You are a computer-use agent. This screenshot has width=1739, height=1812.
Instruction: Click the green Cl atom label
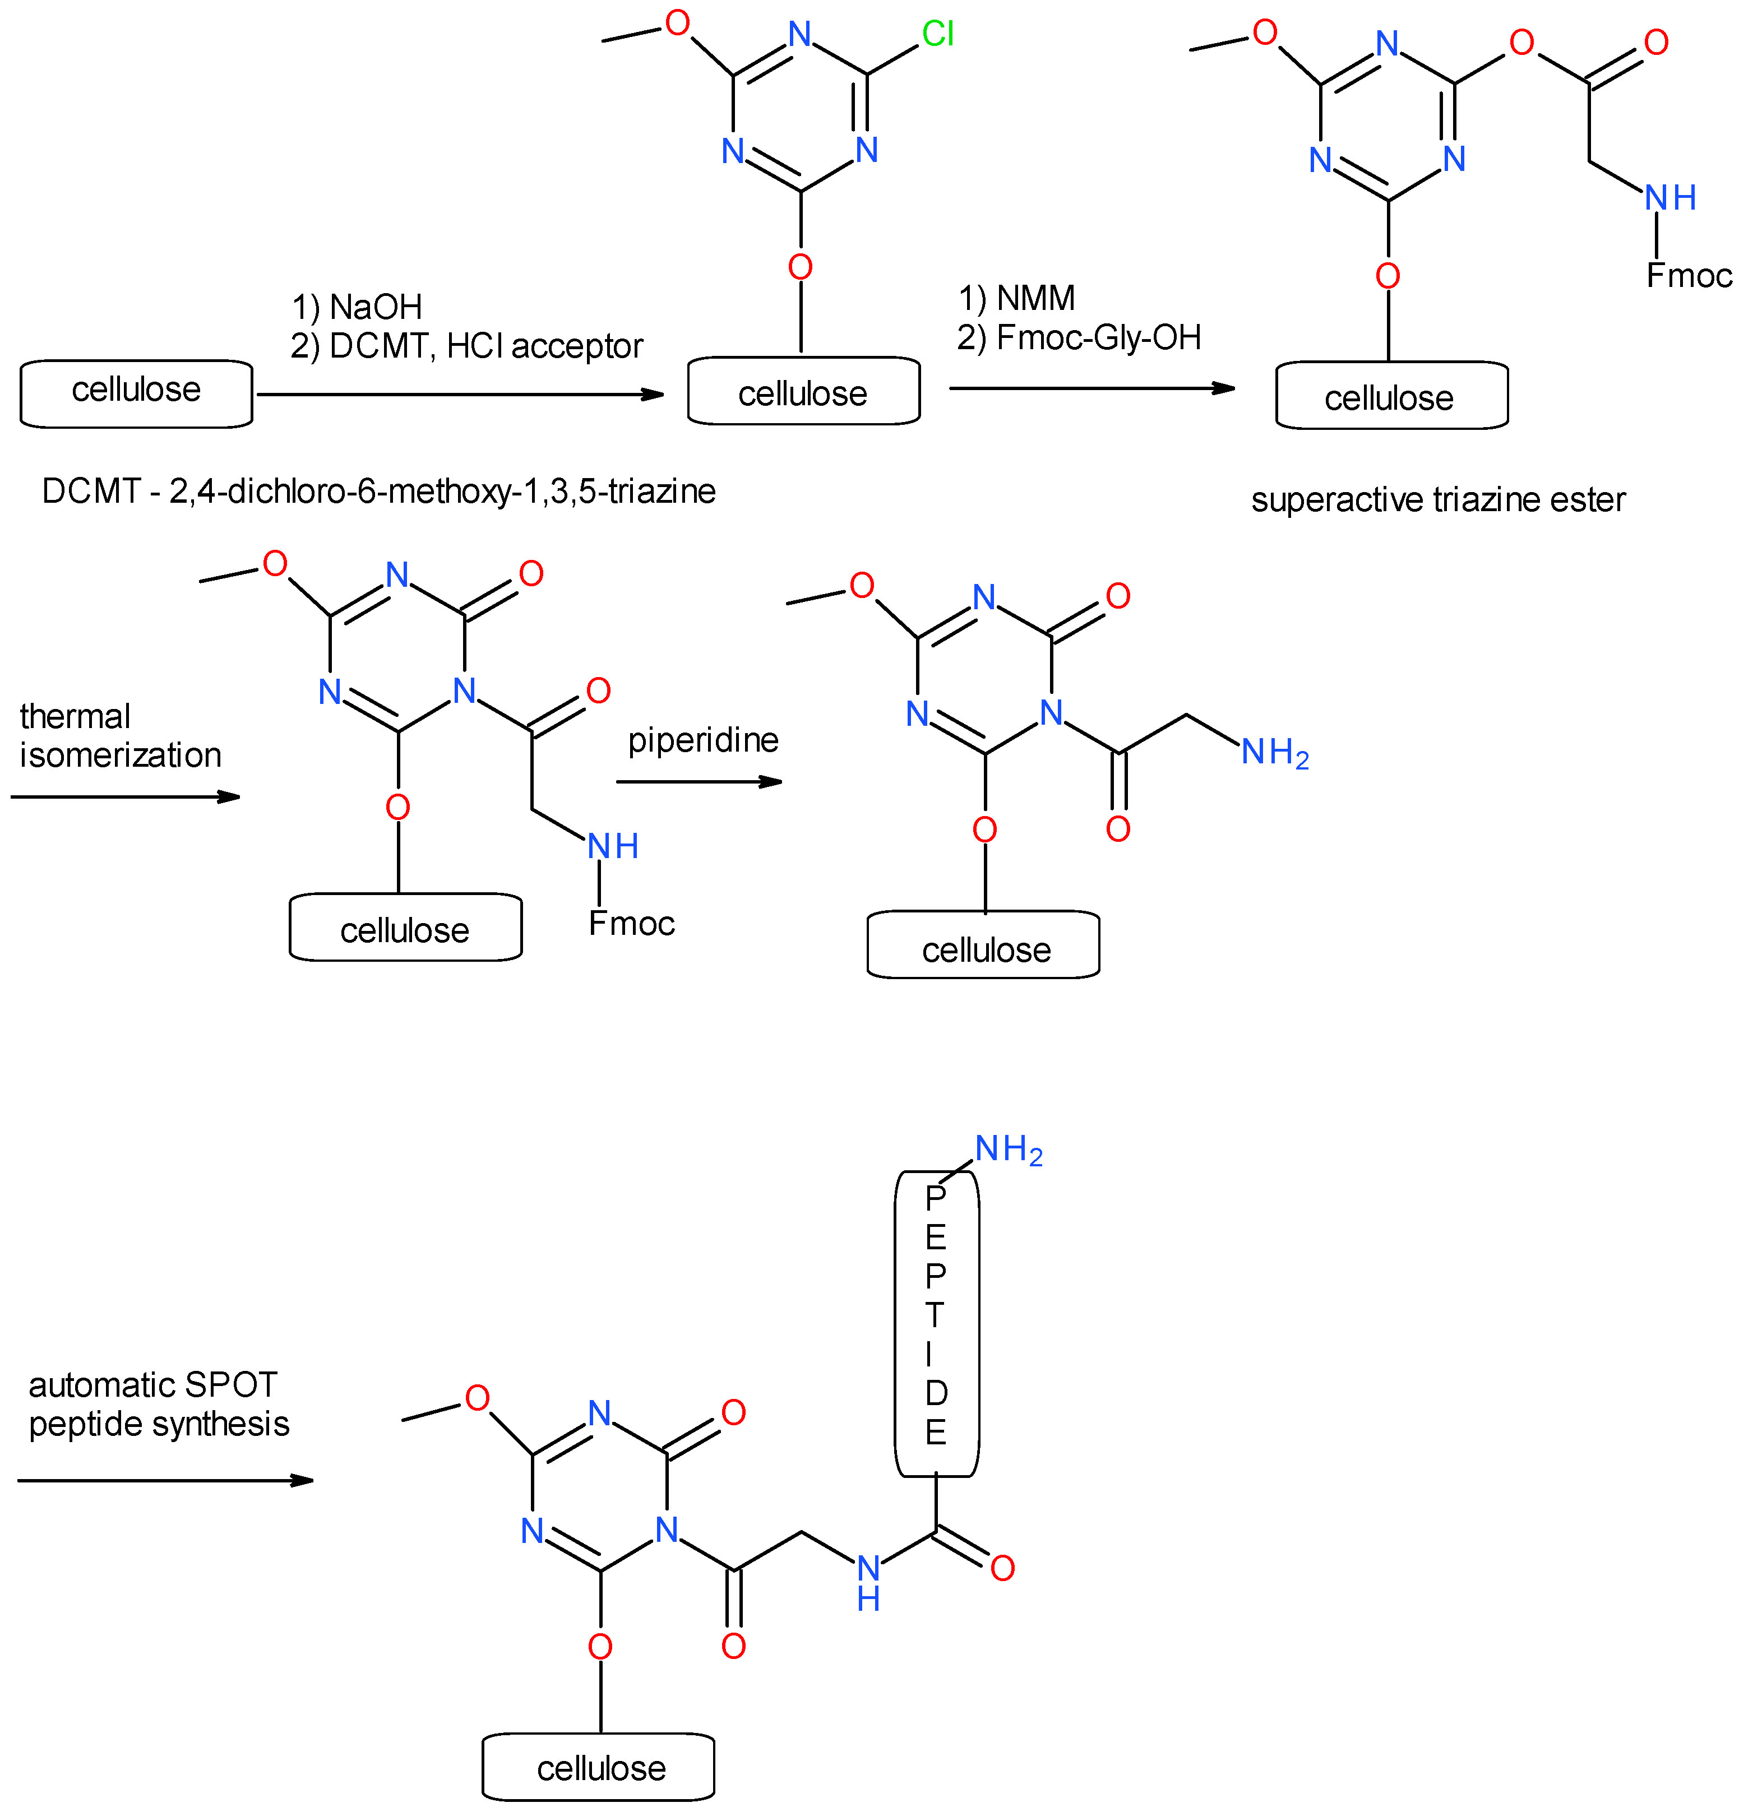937,34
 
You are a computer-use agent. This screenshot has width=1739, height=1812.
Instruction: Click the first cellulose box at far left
136,393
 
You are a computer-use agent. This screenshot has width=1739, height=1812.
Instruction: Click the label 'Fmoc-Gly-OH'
1098,339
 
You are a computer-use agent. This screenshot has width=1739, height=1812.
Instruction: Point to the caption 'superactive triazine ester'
1437,500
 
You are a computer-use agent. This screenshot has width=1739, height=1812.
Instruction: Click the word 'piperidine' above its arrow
702,740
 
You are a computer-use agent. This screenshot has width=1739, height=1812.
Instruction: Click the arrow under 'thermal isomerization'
125,796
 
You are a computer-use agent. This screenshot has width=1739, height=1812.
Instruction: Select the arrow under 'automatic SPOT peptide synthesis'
165,1480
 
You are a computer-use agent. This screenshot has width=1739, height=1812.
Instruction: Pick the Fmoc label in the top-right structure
1688,276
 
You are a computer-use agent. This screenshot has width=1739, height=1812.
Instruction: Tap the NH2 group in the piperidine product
1273,753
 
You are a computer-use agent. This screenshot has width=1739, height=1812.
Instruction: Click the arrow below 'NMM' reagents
1091,388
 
